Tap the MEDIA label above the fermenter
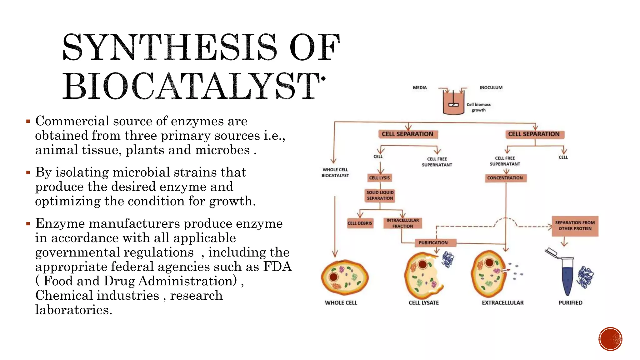(420, 88)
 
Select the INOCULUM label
(491, 88)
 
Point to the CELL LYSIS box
(380, 178)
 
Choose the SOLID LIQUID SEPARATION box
(380, 195)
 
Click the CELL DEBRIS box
(360, 223)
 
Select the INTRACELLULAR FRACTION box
(402, 223)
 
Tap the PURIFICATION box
(433, 242)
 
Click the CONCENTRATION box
(505, 178)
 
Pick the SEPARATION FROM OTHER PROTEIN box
(575, 226)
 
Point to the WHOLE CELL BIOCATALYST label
(335, 172)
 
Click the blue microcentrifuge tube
(567, 275)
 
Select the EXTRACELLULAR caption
(502, 303)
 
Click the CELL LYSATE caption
(424, 303)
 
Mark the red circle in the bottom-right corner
(610, 339)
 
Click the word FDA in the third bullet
(277, 267)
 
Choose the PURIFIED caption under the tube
(570, 303)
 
